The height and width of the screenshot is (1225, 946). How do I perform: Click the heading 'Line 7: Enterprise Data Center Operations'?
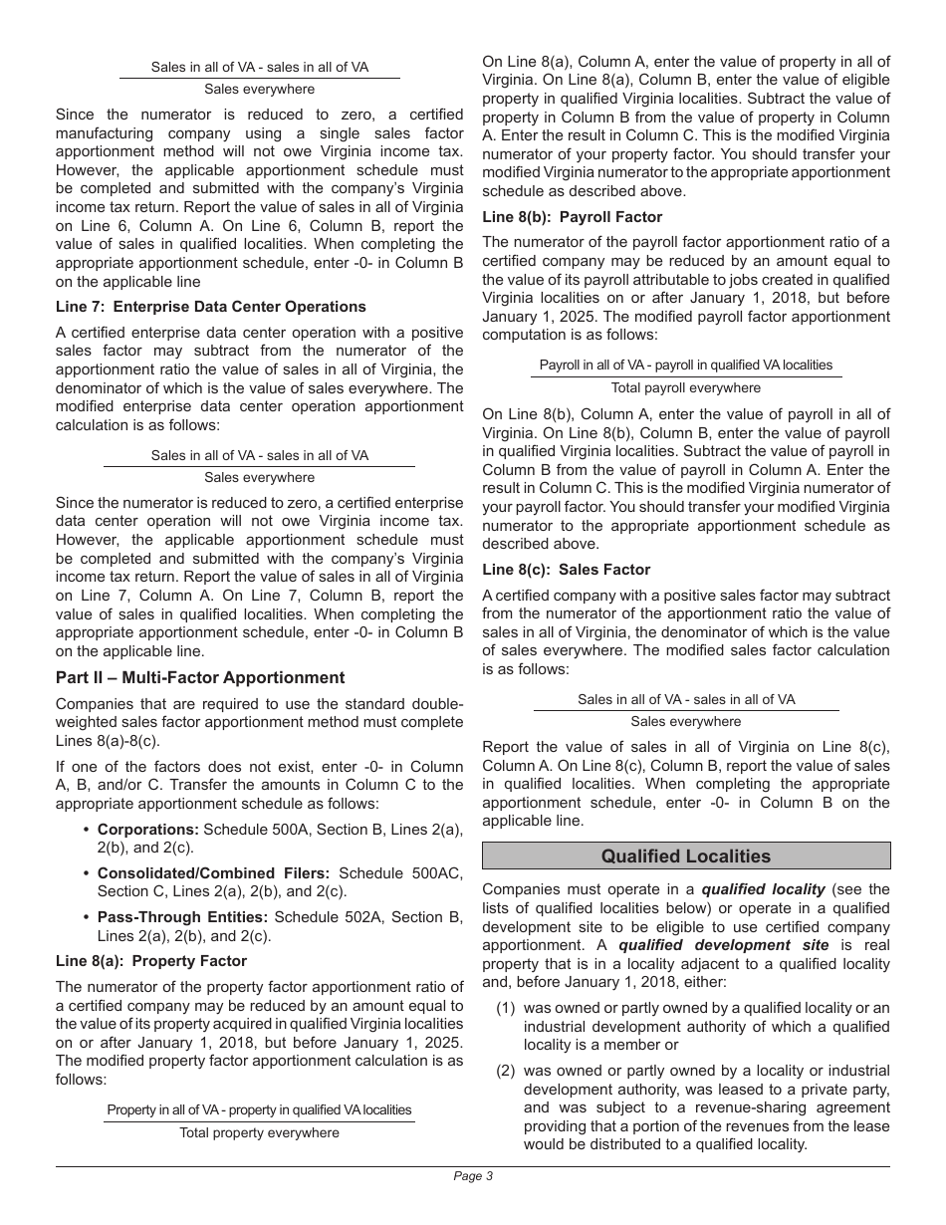(211, 307)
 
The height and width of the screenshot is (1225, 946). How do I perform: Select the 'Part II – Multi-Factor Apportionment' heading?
(200, 678)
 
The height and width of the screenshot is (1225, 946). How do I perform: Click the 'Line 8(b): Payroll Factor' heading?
(572, 217)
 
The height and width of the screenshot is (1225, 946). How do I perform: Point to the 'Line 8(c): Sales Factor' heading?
(566, 570)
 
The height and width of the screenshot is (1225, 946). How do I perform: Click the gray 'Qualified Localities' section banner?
(686, 857)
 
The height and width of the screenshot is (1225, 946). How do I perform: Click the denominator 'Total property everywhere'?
(259, 1133)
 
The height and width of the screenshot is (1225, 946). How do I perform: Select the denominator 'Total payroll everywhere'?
(686, 388)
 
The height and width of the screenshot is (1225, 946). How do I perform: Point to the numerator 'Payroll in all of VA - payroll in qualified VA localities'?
(686, 365)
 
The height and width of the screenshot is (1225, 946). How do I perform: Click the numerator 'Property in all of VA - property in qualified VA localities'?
(259, 1109)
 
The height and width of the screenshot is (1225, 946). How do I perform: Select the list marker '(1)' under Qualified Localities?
(507, 1008)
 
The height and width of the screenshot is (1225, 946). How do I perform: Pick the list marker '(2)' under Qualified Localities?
(507, 1071)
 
